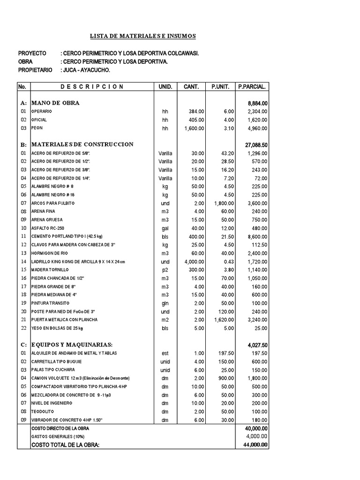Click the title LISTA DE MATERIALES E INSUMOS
point(143,36)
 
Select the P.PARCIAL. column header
point(252,87)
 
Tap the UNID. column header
point(165,87)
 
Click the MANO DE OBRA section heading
point(55,103)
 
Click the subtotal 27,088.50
point(256,145)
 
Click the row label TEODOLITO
point(43,411)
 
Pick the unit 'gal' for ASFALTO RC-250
point(165,228)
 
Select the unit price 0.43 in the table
point(228,262)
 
